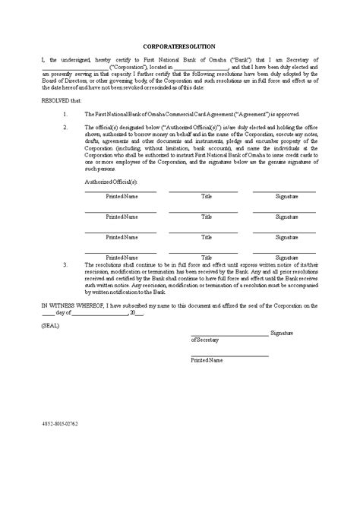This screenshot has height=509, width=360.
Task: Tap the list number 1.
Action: (66, 112)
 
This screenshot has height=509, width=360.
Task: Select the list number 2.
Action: (66, 126)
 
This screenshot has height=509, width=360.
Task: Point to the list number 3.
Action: (66, 265)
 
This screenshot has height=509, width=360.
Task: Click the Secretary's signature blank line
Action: (229, 333)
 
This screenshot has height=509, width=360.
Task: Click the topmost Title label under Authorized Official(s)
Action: (207, 196)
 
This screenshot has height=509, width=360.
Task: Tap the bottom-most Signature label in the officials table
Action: (286, 258)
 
